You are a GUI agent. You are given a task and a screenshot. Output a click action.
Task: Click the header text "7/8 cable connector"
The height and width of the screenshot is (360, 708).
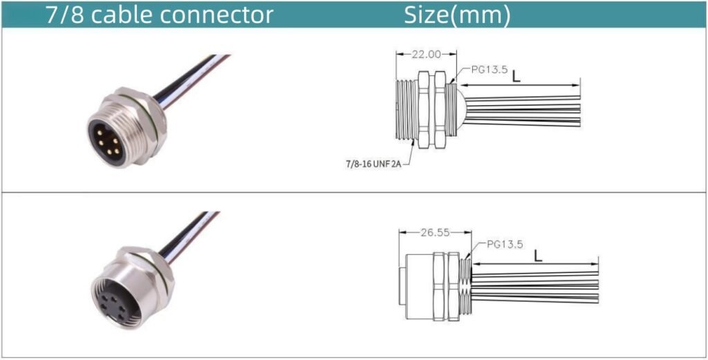159,15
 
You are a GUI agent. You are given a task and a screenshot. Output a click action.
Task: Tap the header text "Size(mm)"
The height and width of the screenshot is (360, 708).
457,15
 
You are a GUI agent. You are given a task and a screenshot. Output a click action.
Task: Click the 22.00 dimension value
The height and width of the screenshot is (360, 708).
426,55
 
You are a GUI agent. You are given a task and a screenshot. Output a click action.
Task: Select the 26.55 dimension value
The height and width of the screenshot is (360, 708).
436,233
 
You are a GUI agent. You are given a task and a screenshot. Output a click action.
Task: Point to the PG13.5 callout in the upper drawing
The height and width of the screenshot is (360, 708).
490,70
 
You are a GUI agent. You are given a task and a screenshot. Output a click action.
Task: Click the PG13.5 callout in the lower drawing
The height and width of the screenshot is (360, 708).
505,245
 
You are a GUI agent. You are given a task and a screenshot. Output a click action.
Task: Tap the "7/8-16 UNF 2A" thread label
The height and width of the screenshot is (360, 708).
373,164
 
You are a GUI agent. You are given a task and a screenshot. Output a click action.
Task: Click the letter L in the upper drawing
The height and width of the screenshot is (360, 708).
516,75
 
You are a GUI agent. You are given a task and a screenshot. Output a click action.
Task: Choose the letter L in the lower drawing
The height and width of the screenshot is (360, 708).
537,256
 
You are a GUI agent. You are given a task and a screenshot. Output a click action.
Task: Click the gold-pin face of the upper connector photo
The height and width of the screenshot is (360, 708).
107,141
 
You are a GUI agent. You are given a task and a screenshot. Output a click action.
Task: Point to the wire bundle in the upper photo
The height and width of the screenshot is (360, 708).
192,82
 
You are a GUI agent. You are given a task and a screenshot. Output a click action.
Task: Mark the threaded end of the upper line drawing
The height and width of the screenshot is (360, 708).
407,110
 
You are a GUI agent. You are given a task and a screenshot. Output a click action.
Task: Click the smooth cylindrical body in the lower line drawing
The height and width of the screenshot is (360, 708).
418,286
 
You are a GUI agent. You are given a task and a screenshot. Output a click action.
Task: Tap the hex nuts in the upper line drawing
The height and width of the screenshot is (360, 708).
431,110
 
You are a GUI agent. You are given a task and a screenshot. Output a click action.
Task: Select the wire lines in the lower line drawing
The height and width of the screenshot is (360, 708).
534,287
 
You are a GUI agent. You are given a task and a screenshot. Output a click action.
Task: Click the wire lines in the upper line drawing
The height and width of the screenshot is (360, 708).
523,111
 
